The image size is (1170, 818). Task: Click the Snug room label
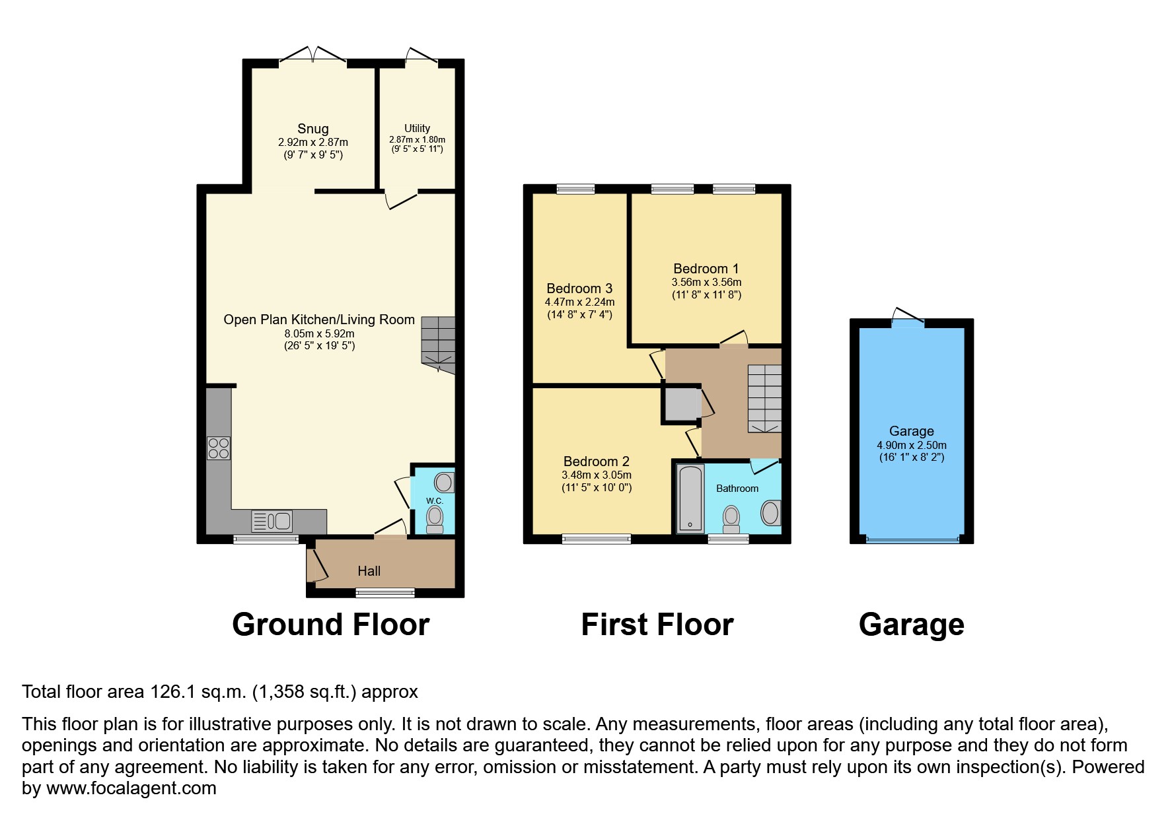click(312, 129)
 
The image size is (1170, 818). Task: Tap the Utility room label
click(417, 128)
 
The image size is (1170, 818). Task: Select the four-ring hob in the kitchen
click(219, 448)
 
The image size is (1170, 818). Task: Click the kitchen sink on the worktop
click(272, 521)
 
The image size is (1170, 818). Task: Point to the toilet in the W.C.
click(435, 519)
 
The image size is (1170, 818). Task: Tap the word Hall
click(369, 571)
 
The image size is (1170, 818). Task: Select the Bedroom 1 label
click(706, 269)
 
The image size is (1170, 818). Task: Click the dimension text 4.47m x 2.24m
click(579, 302)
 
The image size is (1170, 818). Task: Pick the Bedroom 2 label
click(596, 461)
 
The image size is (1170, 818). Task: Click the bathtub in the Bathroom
click(690, 498)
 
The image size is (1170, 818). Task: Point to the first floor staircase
click(764, 398)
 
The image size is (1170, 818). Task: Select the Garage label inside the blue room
click(911, 431)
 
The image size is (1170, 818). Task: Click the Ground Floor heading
click(330, 625)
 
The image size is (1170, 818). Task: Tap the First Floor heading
click(657, 625)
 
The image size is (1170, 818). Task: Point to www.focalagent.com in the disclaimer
click(131, 788)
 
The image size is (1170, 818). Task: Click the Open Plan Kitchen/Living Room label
click(319, 320)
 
